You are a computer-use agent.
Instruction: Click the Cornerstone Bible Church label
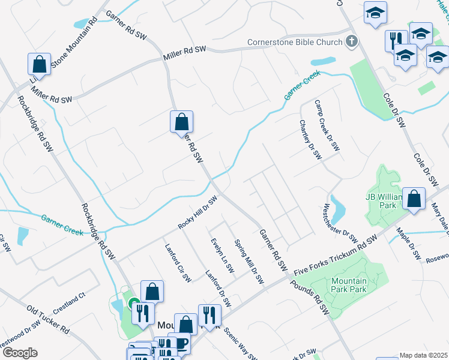[x=294, y=43]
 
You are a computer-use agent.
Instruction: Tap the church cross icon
[x=352, y=42]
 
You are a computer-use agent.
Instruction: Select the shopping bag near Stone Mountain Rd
[x=39, y=64]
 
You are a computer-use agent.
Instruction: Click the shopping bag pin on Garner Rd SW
[x=181, y=122]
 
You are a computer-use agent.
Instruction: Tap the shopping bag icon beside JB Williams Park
[x=414, y=199]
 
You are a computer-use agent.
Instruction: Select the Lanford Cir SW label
[x=178, y=262]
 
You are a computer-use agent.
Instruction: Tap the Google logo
[x=20, y=353]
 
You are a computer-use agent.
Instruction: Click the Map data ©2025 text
[x=423, y=355]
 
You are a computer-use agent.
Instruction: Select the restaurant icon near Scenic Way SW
[x=209, y=314]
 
